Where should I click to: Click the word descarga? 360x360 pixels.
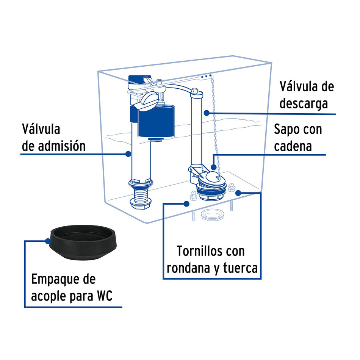(304, 103)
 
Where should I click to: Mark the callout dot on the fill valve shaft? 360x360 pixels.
(128, 154)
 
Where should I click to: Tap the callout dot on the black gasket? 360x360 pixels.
(48, 241)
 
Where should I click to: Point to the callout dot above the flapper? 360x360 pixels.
(213, 166)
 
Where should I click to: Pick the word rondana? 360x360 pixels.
(185, 268)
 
